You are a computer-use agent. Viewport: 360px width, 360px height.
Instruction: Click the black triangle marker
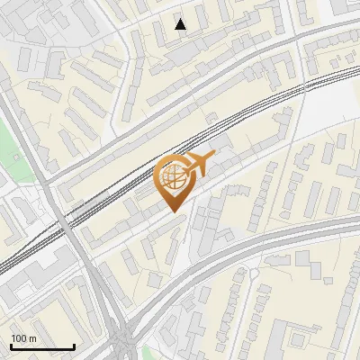(181, 24)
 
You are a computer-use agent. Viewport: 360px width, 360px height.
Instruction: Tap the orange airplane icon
(199, 163)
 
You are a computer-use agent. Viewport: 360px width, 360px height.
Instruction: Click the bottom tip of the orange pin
(174, 211)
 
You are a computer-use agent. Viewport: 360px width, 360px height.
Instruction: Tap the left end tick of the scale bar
(11, 346)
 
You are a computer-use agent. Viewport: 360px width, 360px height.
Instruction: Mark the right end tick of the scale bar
(74, 346)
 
